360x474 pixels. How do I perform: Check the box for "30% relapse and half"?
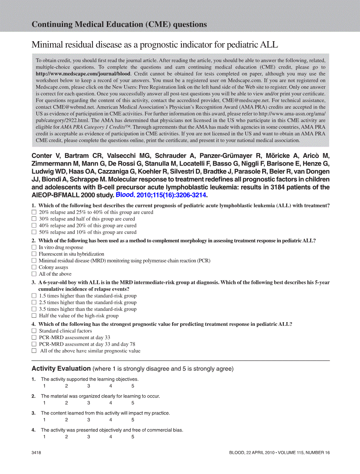[x=34, y=219]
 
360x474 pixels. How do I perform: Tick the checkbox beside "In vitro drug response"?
[x=34, y=247]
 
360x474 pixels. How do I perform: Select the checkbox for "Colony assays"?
[x=34, y=267]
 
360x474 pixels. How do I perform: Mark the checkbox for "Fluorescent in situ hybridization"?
[x=34, y=254]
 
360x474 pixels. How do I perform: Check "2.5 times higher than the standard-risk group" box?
[x=34, y=302]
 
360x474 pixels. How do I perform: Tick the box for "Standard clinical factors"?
[x=34, y=331]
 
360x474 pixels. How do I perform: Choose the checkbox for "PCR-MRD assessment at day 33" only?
[x=34, y=338]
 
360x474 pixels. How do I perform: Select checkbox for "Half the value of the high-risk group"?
[x=34, y=316]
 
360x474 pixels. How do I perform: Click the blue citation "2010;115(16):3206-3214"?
[x=172, y=195]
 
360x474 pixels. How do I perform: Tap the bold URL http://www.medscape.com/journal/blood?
[x=83, y=74]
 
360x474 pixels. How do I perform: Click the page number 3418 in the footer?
[x=36, y=453]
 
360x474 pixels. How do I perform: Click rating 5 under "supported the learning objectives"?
[x=133, y=386]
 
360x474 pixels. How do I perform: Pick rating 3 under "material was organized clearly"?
[x=88, y=403]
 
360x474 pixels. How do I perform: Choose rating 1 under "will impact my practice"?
[x=44, y=420]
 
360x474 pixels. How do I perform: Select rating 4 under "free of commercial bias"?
[x=110, y=437]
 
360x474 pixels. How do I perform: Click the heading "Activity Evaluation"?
[x=61, y=368]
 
